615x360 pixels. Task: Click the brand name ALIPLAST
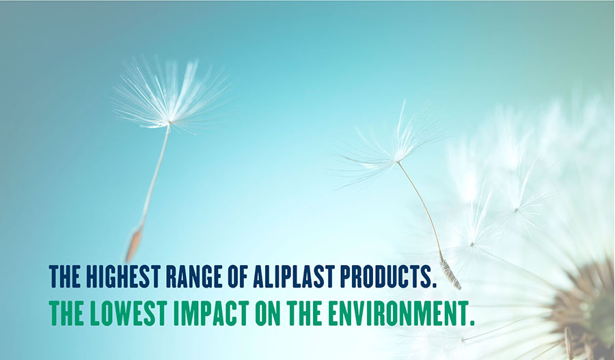293,277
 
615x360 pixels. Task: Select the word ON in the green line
267,314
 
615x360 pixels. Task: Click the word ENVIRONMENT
396,314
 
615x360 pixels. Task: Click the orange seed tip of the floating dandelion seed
133,245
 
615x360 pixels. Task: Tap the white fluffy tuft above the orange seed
171,96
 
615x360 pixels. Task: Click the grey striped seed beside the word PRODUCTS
450,275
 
